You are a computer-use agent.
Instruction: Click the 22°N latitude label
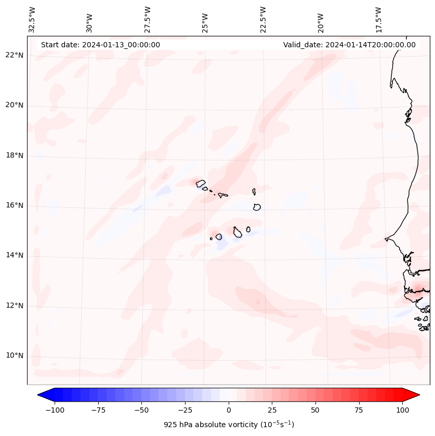(14, 56)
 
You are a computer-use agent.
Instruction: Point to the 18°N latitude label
(14, 155)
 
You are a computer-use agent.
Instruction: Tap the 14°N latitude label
(14, 255)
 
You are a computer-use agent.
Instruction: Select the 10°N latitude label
(14, 355)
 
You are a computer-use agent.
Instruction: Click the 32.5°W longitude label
(32, 19)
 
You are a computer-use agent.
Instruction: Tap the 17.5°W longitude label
(378, 19)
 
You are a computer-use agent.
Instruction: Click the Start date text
(100, 45)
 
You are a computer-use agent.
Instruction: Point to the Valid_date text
(349, 45)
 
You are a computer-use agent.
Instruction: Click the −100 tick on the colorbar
(55, 410)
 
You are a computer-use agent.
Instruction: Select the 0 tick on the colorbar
(228, 410)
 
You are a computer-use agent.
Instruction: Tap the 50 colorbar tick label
(315, 410)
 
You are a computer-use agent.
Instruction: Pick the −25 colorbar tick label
(185, 410)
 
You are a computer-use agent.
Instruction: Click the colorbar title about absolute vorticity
(229, 425)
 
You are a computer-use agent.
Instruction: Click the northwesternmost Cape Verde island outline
(201, 183)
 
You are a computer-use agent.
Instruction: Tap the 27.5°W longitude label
(148, 19)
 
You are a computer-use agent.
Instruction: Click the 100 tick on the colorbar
(402, 410)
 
